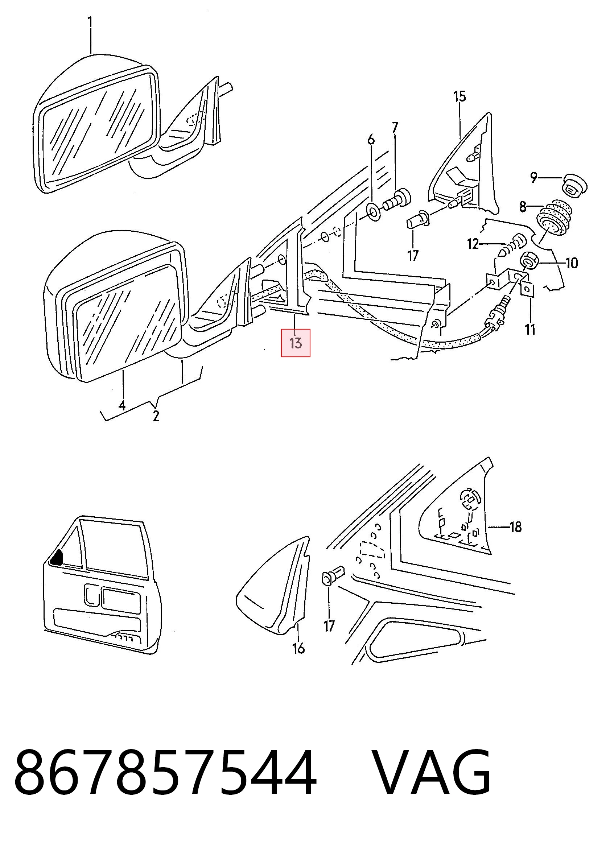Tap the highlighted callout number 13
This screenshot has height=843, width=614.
click(x=296, y=343)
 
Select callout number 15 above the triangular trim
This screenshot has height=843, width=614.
click(x=460, y=97)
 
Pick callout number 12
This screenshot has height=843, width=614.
click(x=473, y=244)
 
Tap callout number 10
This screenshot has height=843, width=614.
click(x=572, y=263)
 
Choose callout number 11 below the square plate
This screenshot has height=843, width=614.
click(x=530, y=329)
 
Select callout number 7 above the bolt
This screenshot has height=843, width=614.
click(x=395, y=128)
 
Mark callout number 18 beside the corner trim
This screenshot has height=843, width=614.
click(x=515, y=527)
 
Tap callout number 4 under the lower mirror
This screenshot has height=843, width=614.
click(x=122, y=405)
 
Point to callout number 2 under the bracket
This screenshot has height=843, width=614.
click(x=156, y=416)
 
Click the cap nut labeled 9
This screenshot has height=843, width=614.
click(x=574, y=184)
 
